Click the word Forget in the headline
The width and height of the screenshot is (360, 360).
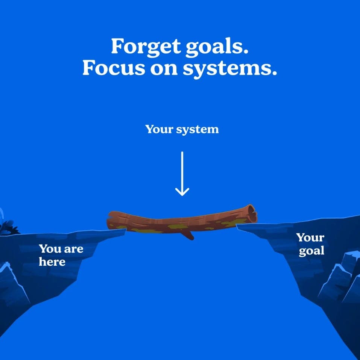[x=146, y=47]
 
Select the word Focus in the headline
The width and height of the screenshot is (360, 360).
[x=114, y=68]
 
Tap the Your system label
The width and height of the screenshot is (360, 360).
[x=182, y=130]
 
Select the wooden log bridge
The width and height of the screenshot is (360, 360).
[x=182, y=222]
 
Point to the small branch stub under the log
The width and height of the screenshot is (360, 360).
[x=188, y=236]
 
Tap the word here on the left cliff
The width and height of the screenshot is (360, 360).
[x=52, y=262]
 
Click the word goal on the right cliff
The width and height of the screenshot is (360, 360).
[x=311, y=251]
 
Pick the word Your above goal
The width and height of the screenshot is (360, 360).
[x=310, y=237]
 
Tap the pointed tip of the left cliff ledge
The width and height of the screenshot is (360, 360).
[x=126, y=229]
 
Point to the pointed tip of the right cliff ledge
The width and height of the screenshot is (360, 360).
[x=237, y=226]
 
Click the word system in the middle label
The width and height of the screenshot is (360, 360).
[x=197, y=130]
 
